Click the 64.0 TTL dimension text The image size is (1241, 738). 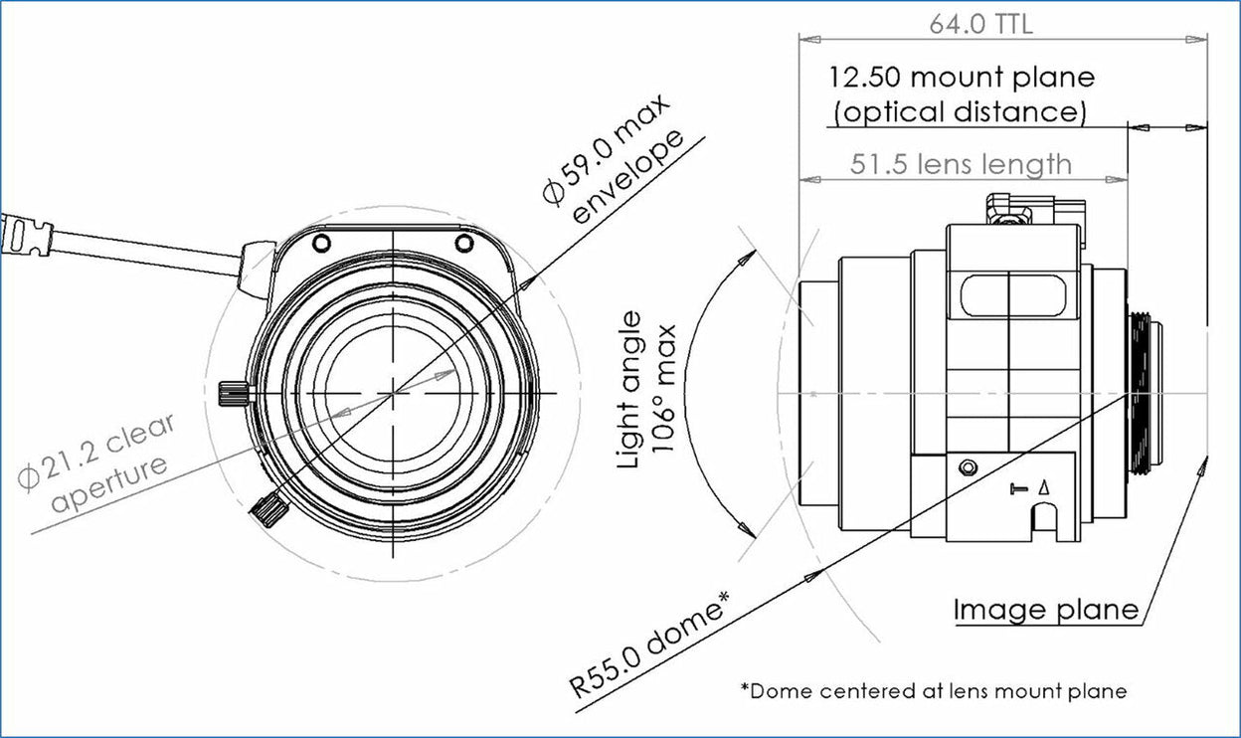point(980,24)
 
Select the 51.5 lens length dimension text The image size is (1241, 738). point(961,163)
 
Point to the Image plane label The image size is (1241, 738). point(1045,609)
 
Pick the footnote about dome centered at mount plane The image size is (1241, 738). point(933,690)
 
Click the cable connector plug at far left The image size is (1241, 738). point(27,236)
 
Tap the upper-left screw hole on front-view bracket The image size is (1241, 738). point(320,243)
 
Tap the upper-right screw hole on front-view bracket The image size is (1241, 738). point(464,243)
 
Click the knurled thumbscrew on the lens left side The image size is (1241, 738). point(232,394)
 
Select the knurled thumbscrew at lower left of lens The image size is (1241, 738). point(268,510)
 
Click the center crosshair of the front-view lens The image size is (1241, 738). point(394,393)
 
